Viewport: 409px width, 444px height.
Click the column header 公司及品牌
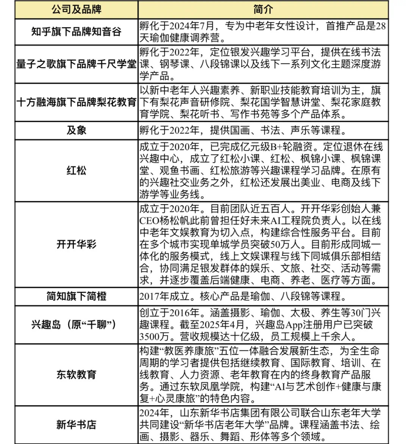tap(76, 9)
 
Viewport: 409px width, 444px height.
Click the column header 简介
tap(263, 9)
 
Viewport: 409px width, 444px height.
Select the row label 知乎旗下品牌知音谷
tap(76, 32)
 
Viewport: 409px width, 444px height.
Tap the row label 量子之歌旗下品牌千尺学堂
tap(76, 64)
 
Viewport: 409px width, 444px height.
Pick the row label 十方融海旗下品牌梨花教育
tap(76, 102)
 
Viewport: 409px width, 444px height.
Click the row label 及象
tap(76, 130)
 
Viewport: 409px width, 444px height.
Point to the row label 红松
tap(76, 170)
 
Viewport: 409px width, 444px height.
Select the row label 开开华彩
tap(76, 244)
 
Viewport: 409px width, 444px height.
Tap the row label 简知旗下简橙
tap(76, 296)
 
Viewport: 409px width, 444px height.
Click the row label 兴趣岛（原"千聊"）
tap(74, 325)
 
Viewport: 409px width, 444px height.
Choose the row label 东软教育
tap(76, 375)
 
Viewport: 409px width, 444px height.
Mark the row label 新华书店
tap(76, 425)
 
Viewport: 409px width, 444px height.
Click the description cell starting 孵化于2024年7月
tap(263, 32)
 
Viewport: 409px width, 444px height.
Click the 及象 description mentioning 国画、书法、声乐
tap(242, 130)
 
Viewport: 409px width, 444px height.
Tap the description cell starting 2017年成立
tap(242, 296)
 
